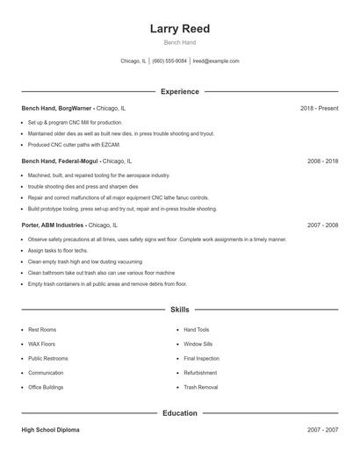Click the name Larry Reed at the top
tap(179, 28)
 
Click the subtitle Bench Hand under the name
tap(179, 42)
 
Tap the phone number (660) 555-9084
tap(169, 61)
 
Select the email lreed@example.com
tap(215, 61)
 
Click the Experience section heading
tap(179, 91)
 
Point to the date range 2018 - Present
tap(319, 108)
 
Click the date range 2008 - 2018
tap(322, 161)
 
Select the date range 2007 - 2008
tap(322, 225)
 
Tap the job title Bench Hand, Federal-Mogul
tap(60, 161)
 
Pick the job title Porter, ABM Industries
tap(53, 225)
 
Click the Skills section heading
tap(179, 310)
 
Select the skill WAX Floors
tap(41, 344)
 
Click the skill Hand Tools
tap(196, 330)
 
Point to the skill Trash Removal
tap(200, 387)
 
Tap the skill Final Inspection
tap(201, 358)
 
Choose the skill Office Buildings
tap(46, 387)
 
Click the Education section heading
tap(179, 412)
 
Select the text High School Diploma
tap(50, 430)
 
